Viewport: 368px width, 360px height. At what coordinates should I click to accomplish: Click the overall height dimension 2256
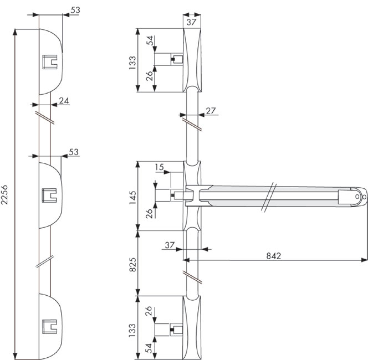[4, 194]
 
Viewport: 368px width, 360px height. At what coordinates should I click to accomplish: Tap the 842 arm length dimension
[274, 255]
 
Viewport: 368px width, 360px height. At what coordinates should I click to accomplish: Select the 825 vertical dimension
[132, 264]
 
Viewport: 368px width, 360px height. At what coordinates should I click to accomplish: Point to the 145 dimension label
[132, 197]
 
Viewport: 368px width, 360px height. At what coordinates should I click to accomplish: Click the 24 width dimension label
[64, 100]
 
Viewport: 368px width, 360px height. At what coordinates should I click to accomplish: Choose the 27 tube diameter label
[211, 111]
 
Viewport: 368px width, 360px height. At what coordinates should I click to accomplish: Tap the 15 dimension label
[160, 167]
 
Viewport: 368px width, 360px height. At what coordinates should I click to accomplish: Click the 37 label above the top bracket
[191, 22]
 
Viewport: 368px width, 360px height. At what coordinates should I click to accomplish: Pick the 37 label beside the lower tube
[170, 245]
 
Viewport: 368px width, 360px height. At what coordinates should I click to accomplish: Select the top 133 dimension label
[132, 63]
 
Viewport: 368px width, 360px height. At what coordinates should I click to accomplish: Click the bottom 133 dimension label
[132, 330]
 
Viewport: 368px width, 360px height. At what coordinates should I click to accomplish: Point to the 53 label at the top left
[75, 10]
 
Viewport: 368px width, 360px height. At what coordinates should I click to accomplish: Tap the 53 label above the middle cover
[74, 152]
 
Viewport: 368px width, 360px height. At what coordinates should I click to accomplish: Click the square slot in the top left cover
[50, 62]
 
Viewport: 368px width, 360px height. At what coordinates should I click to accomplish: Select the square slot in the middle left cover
[49, 195]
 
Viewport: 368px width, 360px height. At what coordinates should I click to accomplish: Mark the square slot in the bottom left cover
[49, 326]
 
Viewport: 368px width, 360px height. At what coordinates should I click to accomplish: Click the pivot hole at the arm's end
[357, 197]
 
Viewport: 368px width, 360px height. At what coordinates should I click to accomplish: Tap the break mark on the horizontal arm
[269, 198]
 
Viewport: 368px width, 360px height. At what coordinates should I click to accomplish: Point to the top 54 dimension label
[150, 40]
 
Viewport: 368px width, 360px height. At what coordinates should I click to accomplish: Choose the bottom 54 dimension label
[149, 348]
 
